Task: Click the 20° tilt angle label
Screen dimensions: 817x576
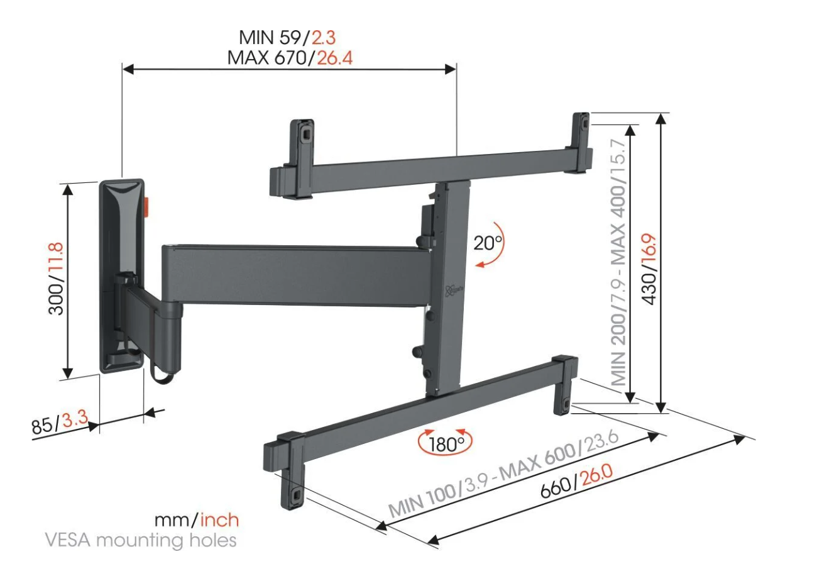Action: point(488,243)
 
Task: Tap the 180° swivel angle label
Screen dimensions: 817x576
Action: point(446,444)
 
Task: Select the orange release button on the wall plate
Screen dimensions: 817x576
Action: point(147,207)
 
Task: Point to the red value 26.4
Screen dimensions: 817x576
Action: point(334,58)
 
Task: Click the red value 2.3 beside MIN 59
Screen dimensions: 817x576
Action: point(324,37)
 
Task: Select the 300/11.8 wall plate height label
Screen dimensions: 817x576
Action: point(56,279)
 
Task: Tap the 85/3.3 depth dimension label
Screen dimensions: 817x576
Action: point(60,421)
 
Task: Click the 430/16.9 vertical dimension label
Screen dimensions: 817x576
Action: point(649,269)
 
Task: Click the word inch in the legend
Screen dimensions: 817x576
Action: point(219,520)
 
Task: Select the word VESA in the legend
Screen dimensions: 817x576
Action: point(68,540)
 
